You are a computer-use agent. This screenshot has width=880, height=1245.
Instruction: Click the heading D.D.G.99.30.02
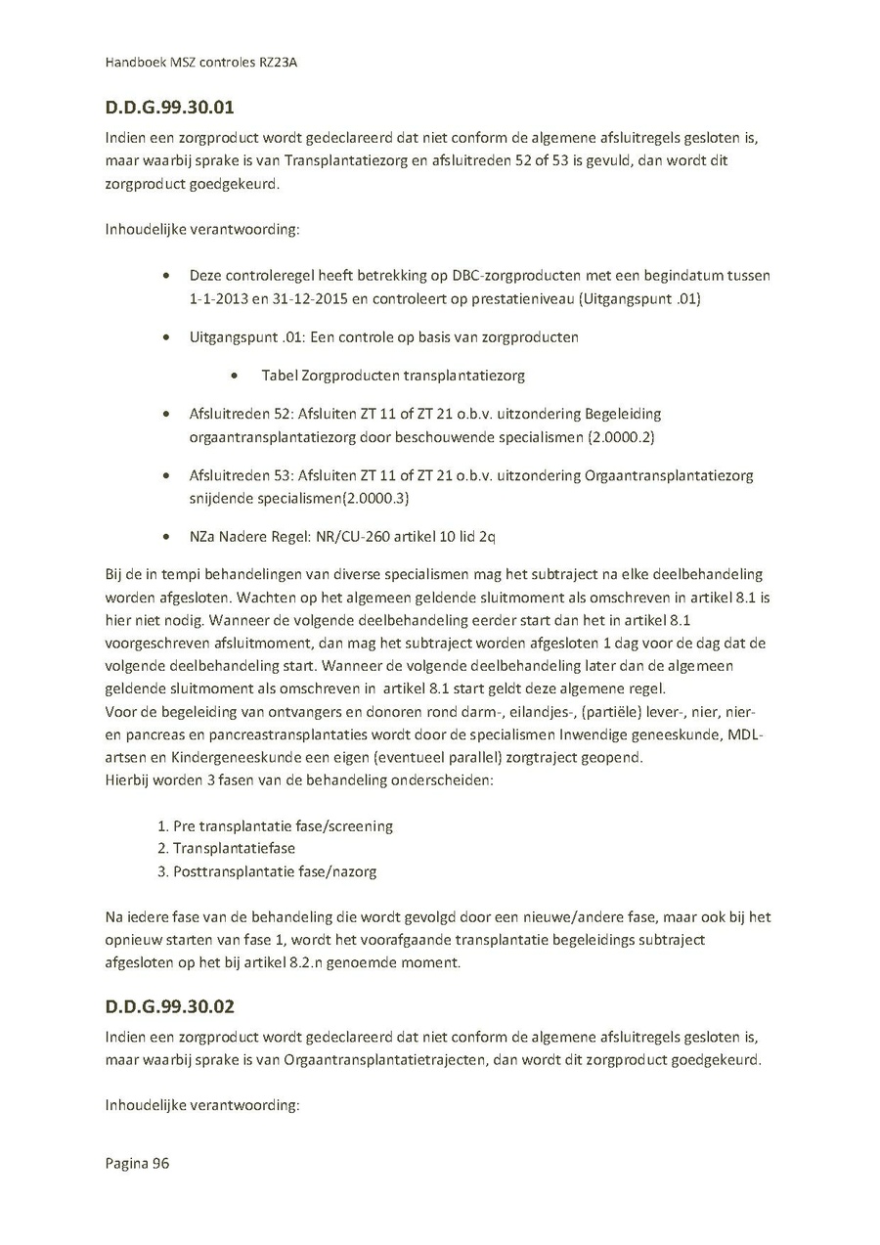169,1006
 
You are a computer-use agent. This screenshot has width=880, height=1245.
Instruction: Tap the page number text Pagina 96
137,1163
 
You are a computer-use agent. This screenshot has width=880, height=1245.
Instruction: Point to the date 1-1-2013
220,298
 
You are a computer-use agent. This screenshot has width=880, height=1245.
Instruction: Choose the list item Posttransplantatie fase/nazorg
274,870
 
